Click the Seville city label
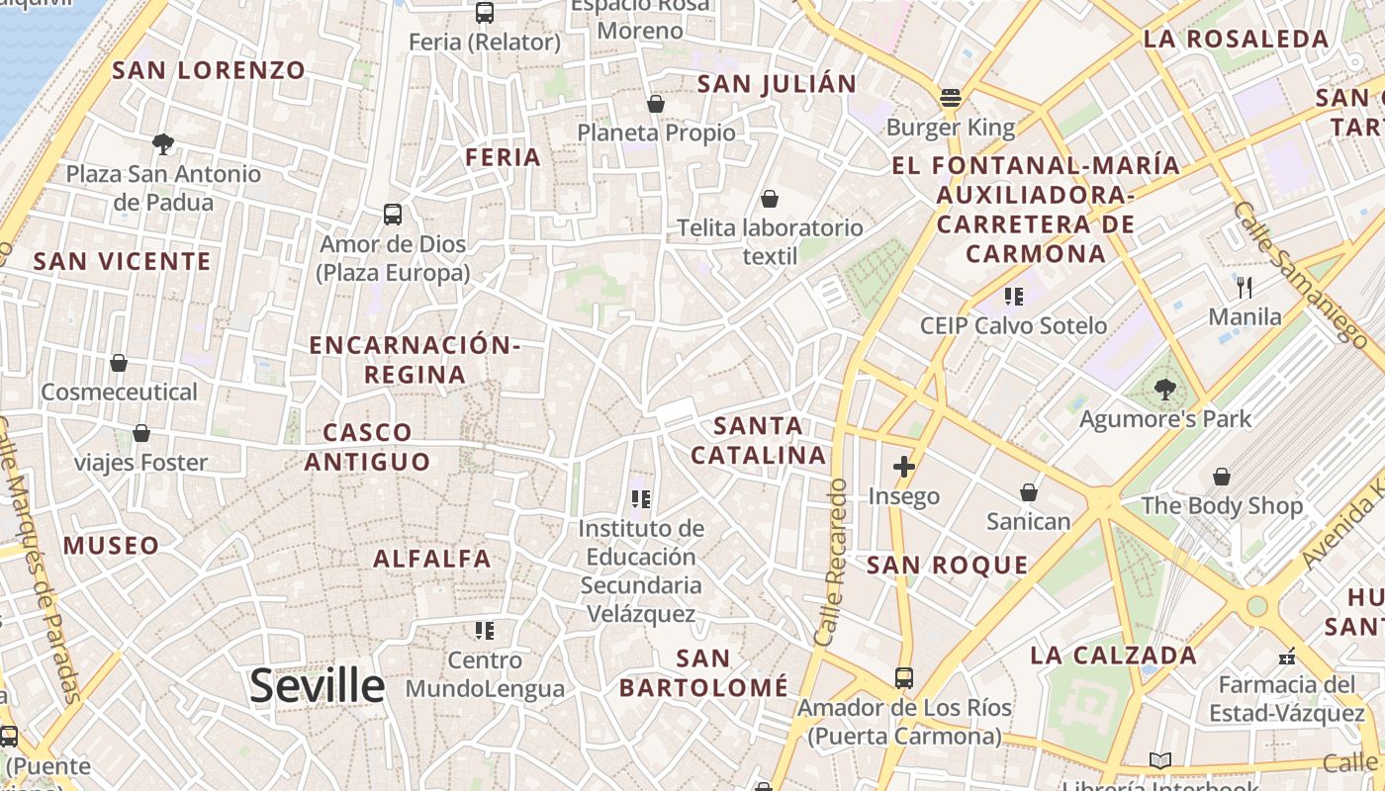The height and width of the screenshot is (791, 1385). [317, 685]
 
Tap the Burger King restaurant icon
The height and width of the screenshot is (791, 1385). [951, 98]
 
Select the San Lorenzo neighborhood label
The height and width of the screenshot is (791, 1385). [209, 70]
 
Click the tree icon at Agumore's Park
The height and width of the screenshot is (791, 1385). [1164, 389]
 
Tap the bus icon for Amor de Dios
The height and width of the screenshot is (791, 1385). [393, 214]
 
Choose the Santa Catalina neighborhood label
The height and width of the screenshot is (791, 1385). [758, 440]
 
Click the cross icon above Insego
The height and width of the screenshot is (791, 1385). [903, 467]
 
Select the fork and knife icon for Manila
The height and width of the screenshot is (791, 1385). [1245, 288]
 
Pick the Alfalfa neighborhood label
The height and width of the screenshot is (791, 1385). [432, 559]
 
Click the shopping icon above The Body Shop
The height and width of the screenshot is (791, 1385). [1222, 477]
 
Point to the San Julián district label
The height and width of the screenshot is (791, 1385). [777, 84]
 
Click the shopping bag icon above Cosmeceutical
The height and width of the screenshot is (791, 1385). [119, 363]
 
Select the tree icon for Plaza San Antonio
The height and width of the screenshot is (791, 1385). [163, 144]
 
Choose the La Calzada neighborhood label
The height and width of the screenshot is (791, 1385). [1113, 655]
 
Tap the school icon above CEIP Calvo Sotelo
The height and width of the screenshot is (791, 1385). [1013, 296]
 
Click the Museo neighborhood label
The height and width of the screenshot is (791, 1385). [111, 545]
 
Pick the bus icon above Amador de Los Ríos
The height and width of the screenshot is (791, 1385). [904, 678]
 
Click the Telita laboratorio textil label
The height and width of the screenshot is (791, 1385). [770, 242]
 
